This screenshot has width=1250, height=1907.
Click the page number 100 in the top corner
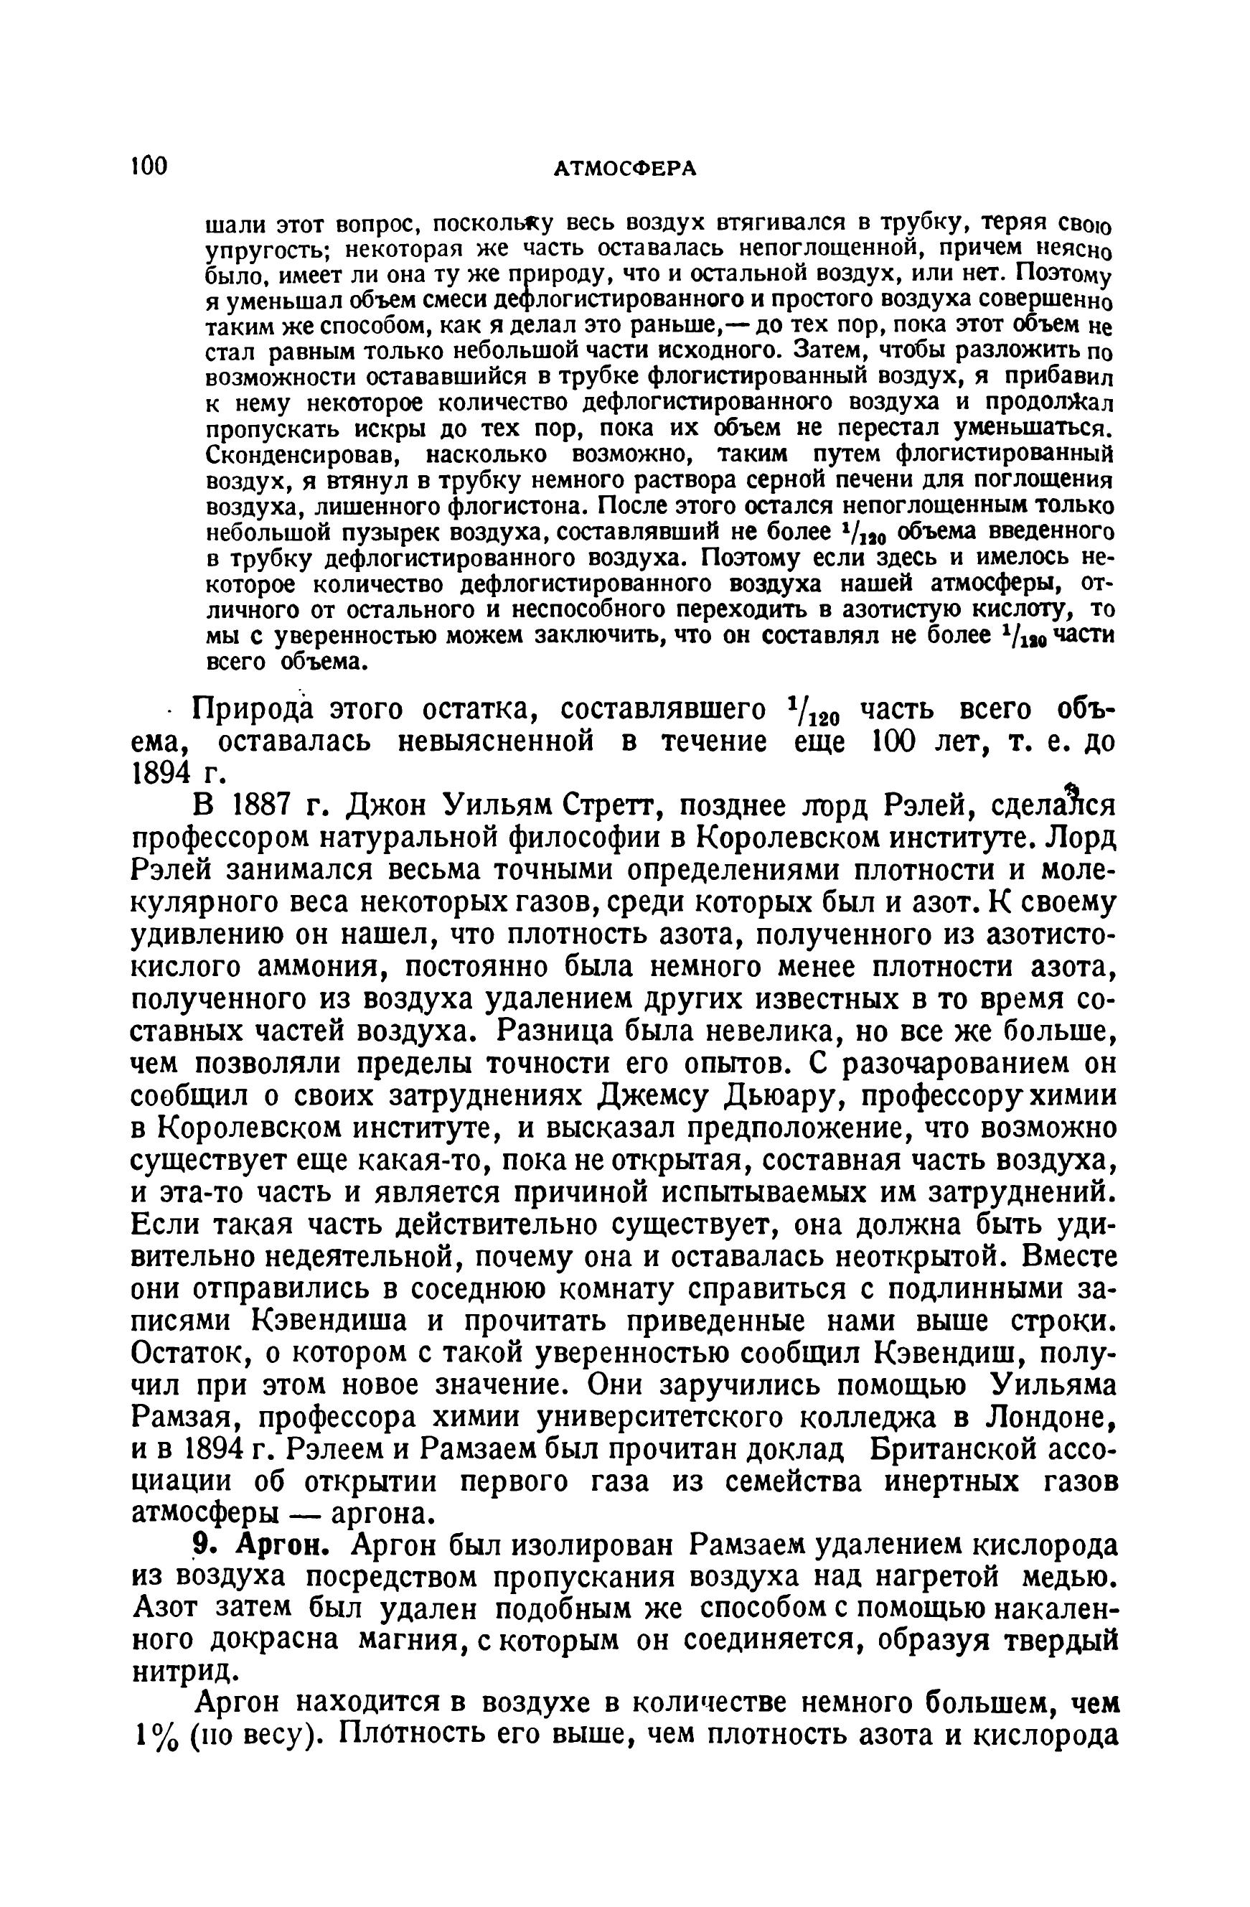pyautogui.click(x=149, y=166)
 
